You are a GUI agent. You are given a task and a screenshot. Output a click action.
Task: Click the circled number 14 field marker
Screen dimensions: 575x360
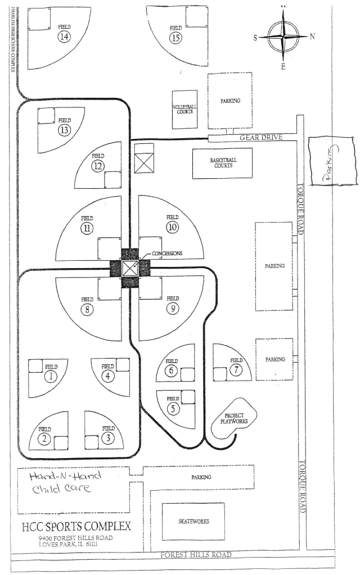click(64, 37)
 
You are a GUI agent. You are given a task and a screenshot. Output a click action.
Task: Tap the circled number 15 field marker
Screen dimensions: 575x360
click(176, 38)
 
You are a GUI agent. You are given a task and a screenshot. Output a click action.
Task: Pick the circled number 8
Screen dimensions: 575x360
click(87, 309)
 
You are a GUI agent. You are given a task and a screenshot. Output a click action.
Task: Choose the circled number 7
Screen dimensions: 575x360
click(236, 370)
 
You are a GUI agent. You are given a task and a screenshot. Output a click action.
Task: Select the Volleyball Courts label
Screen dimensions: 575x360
click(184, 108)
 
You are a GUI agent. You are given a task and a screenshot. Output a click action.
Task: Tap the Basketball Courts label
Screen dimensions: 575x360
click(223, 163)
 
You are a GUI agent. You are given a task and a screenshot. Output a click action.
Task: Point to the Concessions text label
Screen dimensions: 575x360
click(167, 253)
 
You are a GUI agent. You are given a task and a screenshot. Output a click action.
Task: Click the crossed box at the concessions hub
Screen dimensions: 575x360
click(130, 268)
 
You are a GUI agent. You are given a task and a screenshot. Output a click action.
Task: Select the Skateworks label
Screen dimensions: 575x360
click(193, 522)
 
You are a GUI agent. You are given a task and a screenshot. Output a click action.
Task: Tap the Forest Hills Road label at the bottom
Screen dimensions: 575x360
click(196, 555)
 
